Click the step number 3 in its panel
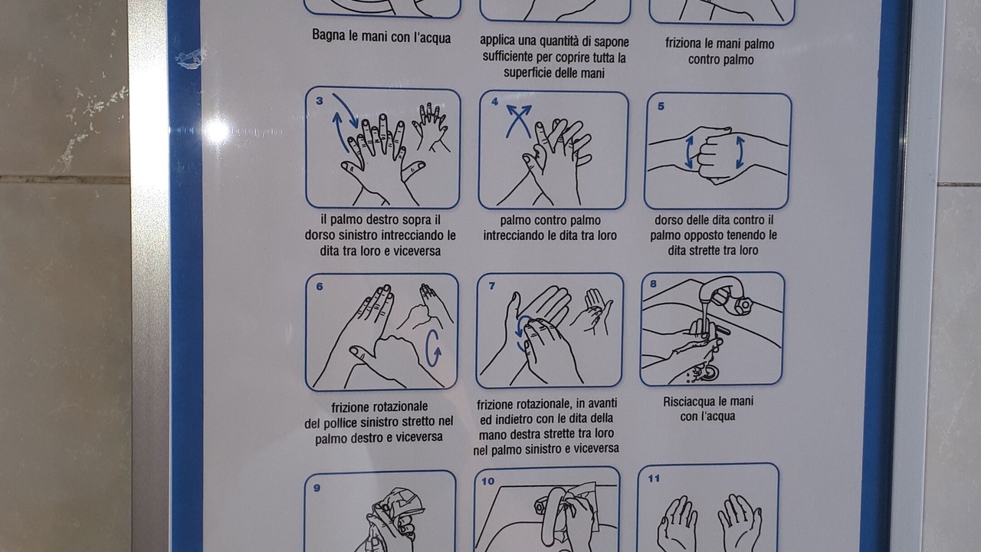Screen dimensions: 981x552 coord(320,101)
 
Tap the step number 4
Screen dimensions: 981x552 coord(495,102)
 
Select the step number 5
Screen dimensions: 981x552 coord(661,106)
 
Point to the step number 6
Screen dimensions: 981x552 coord(320,287)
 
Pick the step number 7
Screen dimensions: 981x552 coord(492,286)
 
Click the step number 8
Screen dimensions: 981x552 coord(654,284)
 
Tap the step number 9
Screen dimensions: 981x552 coord(317,488)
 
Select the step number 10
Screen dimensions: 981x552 coord(488,481)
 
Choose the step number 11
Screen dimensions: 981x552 coord(654,479)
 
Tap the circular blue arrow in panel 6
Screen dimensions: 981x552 coord(432,348)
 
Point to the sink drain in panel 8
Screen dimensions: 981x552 coord(710,373)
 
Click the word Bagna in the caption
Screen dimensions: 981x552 coord(329,35)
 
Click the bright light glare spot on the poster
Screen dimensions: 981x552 coord(216,130)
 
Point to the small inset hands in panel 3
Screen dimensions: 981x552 coord(431,127)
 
